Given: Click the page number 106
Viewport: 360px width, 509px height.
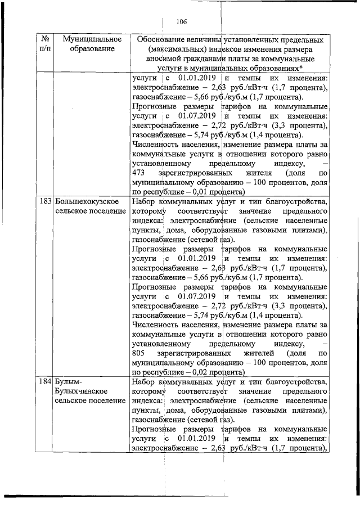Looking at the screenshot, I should point(181,22).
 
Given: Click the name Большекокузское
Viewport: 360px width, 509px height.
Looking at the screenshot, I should point(86,201).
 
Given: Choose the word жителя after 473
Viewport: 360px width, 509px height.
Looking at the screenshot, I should point(263,173).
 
